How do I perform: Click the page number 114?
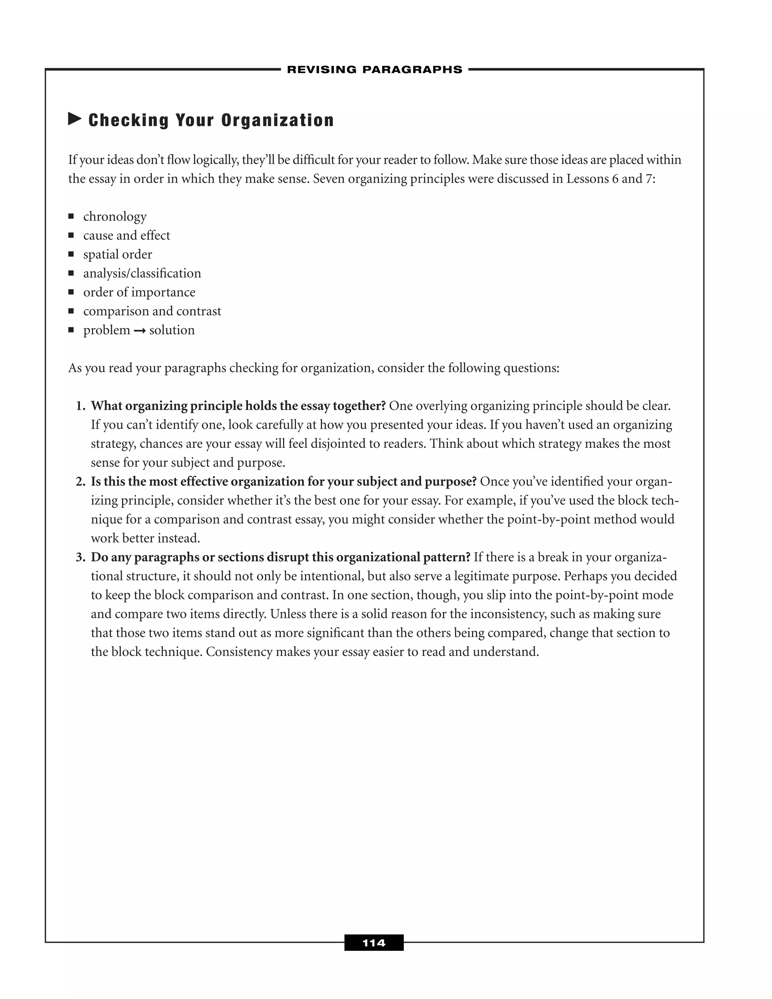pyautogui.click(x=374, y=943)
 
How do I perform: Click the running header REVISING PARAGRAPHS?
pyautogui.click(x=375, y=69)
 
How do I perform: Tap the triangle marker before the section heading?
pyautogui.click(x=75, y=120)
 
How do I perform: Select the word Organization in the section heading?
pyautogui.click(x=277, y=120)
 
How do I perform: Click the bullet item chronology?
pyautogui.click(x=115, y=217)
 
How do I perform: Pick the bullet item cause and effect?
pyautogui.click(x=126, y=236)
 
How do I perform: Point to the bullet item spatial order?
pyautogui.click(x=118, y=254)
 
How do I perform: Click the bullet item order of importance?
pyautogui.click(x=139, y=292)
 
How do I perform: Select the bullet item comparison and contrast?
pyautogui.click(x=152, y=311)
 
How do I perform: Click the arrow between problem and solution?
pyautogui.click(x=139, y=331)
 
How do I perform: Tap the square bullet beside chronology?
pyautogui.click(x=71, y=216)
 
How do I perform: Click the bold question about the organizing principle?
pyautogui.click(x=238, y=406)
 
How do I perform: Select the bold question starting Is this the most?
pyautogui.click(x=283, y=482)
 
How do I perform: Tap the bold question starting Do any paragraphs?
pyautogui.click(x=280, y=558)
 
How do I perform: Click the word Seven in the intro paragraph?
pyautogui.click(x=328, y=179)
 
